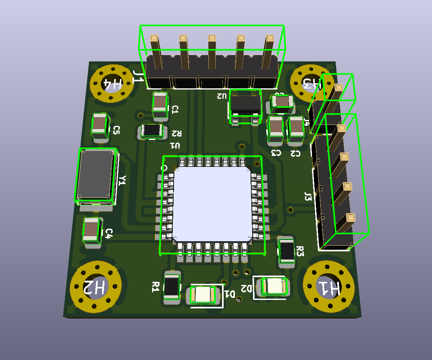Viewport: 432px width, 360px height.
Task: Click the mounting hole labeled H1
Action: click(x=330, y=288)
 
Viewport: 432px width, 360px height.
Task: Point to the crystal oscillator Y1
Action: click(x=96, y=175)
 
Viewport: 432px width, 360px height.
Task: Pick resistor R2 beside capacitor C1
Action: click(x=152, y=131)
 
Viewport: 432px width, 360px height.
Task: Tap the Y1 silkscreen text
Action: click(x=122, y=180)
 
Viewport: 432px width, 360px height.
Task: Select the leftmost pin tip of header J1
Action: click(x=154, y=38)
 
